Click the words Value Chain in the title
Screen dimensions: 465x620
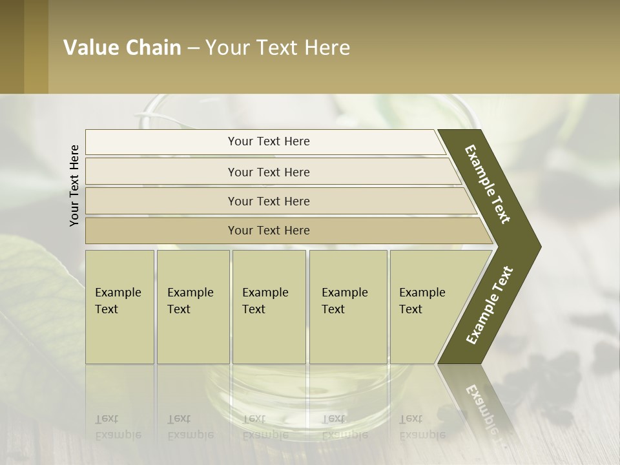[x=122, y=47]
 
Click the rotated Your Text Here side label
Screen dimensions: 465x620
[x=74, y=185]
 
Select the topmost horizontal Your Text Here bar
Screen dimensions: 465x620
[x=268, y=141]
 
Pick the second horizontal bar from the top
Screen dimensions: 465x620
[x=268, y=172]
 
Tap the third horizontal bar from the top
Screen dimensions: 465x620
[x=268, y=201]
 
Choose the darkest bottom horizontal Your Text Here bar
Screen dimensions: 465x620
[x=268, y=231]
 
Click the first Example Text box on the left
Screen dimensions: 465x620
[x=119, y=306]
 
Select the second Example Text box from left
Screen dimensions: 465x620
[x=192, y=306]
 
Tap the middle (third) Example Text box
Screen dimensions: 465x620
[x=269, y=306]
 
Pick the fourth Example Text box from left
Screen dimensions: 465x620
[x=347, y=306]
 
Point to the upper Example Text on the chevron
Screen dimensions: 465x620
[x=488, y=184]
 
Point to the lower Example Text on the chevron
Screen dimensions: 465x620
[x=490, y=305]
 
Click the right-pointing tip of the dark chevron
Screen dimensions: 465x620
[x=537, y=247]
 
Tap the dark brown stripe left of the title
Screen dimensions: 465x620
[x=12, y=47]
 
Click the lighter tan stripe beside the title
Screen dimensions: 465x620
[x=36, y=47]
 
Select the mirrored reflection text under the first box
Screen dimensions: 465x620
[x=118, y=427]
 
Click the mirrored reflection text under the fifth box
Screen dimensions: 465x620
[x=422, y=427]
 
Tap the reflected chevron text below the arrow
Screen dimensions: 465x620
[x=481, y=407]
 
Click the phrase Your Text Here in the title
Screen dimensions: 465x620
[x=278, y=47]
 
